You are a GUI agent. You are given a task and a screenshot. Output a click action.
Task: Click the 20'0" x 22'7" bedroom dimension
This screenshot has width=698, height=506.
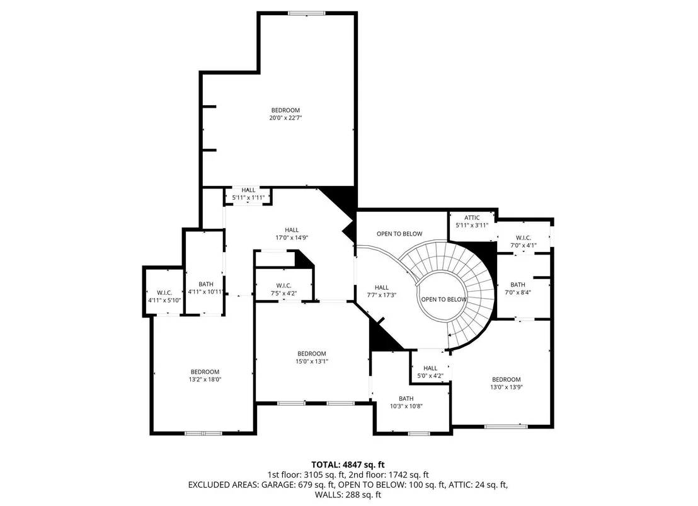[x=285, y=118]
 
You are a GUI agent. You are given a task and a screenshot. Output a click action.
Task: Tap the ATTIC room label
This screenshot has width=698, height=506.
[x=472, y=218]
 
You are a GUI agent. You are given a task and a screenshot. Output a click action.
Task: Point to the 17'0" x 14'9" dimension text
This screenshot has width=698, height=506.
[x=292, y=238]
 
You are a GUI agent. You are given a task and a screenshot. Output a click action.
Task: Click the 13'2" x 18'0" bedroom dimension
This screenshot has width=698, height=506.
[x=205, y=380]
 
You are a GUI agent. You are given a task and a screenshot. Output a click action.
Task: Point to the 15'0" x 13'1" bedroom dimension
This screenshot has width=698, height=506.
[x=312, y=362]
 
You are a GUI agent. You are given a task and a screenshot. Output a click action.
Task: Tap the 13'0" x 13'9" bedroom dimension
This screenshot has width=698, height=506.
[x=506, y=388]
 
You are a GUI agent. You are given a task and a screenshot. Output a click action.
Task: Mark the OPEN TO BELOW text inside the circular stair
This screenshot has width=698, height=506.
[x=444, y=300]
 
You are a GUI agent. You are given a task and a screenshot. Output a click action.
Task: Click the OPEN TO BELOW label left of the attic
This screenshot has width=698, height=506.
[x=399, y=234]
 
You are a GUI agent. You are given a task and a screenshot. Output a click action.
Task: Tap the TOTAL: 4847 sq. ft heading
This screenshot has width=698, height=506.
[x=348, y=466]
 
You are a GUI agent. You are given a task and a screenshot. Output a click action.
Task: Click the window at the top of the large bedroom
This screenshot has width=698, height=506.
[x=307, y=13]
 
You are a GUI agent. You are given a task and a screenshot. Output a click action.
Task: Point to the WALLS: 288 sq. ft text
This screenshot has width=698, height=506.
[x=348, y=495]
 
